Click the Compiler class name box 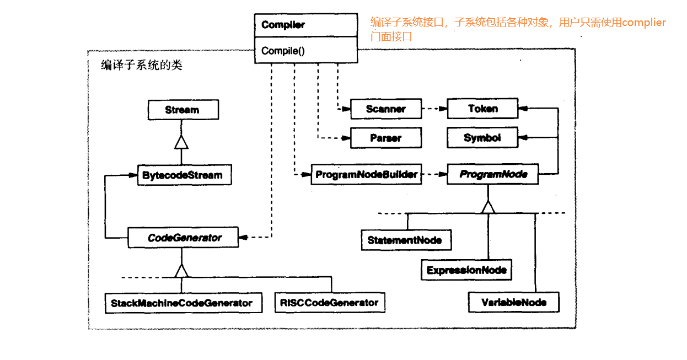click(305, 25)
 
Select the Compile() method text click(283, 51)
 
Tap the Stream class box click(183, 110)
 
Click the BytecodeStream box click(183, 175)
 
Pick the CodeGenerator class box click(184, 238)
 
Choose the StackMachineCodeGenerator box click(182, 303)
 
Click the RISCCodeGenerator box click(329, 302)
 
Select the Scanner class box click(385, 109)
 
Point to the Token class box click(482, 109)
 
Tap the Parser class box click(385, 138)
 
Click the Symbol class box click(482, 138)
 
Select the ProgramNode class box click(493, 175)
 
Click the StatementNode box click(405, 240)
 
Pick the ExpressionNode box click(466, 270)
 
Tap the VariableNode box click(513, 302)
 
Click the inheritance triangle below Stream click(181, 142)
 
